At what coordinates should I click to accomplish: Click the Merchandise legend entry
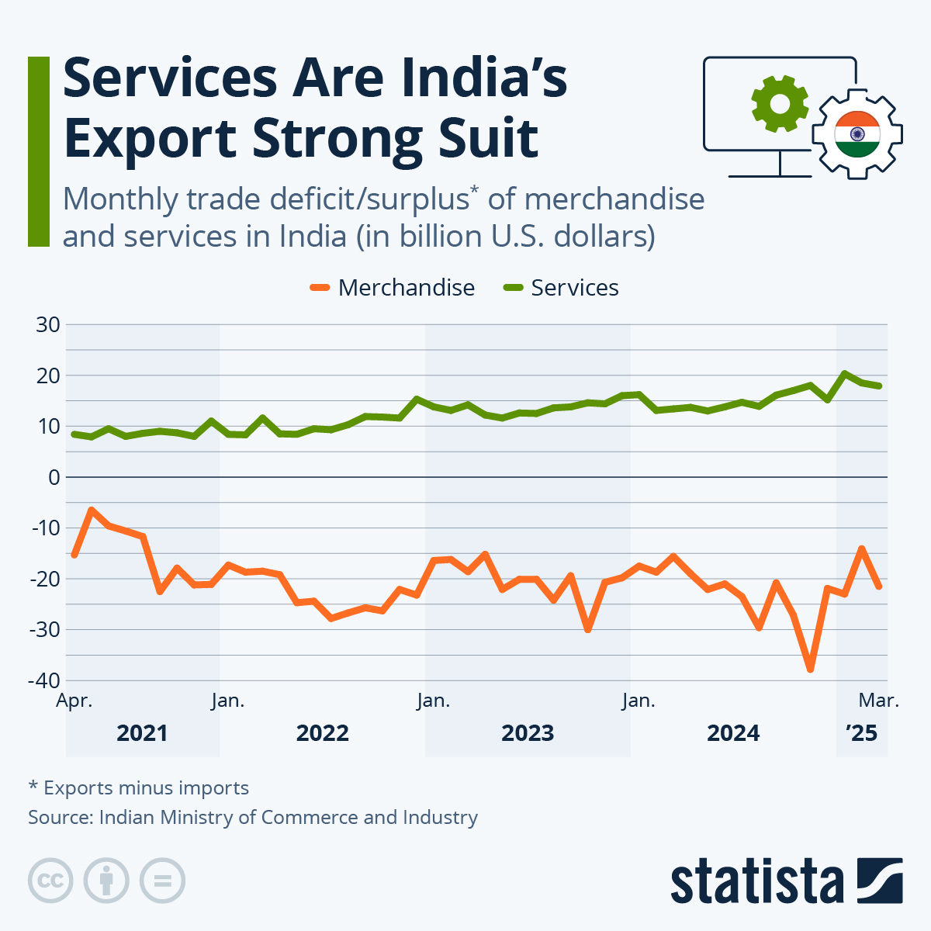tap(393, 288)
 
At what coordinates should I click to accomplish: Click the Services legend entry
tap(562, 288)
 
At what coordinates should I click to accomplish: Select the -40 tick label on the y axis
tap(44, 680)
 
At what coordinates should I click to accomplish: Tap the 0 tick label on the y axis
tap(54, 477)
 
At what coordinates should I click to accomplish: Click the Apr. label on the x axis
tap(74, 701)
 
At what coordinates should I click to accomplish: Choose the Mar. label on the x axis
tap(878, 701)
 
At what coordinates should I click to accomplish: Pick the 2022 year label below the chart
tap(323, 733)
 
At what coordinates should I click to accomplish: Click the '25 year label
tap(861, 733)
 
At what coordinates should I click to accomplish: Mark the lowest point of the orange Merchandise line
tap(810, 669)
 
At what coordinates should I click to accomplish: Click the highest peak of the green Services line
tap(844, 373)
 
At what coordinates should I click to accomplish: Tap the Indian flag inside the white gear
tap(857, 133)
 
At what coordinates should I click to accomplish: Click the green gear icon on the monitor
tap(780, 103)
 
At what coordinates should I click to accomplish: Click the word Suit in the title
tap(486, 138)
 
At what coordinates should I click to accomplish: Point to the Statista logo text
tap(757, 881)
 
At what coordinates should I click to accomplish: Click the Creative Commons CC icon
tap(50, 881)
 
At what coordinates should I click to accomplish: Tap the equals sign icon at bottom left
tap(162, 881)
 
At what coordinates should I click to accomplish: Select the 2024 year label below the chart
tap(733, 733)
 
